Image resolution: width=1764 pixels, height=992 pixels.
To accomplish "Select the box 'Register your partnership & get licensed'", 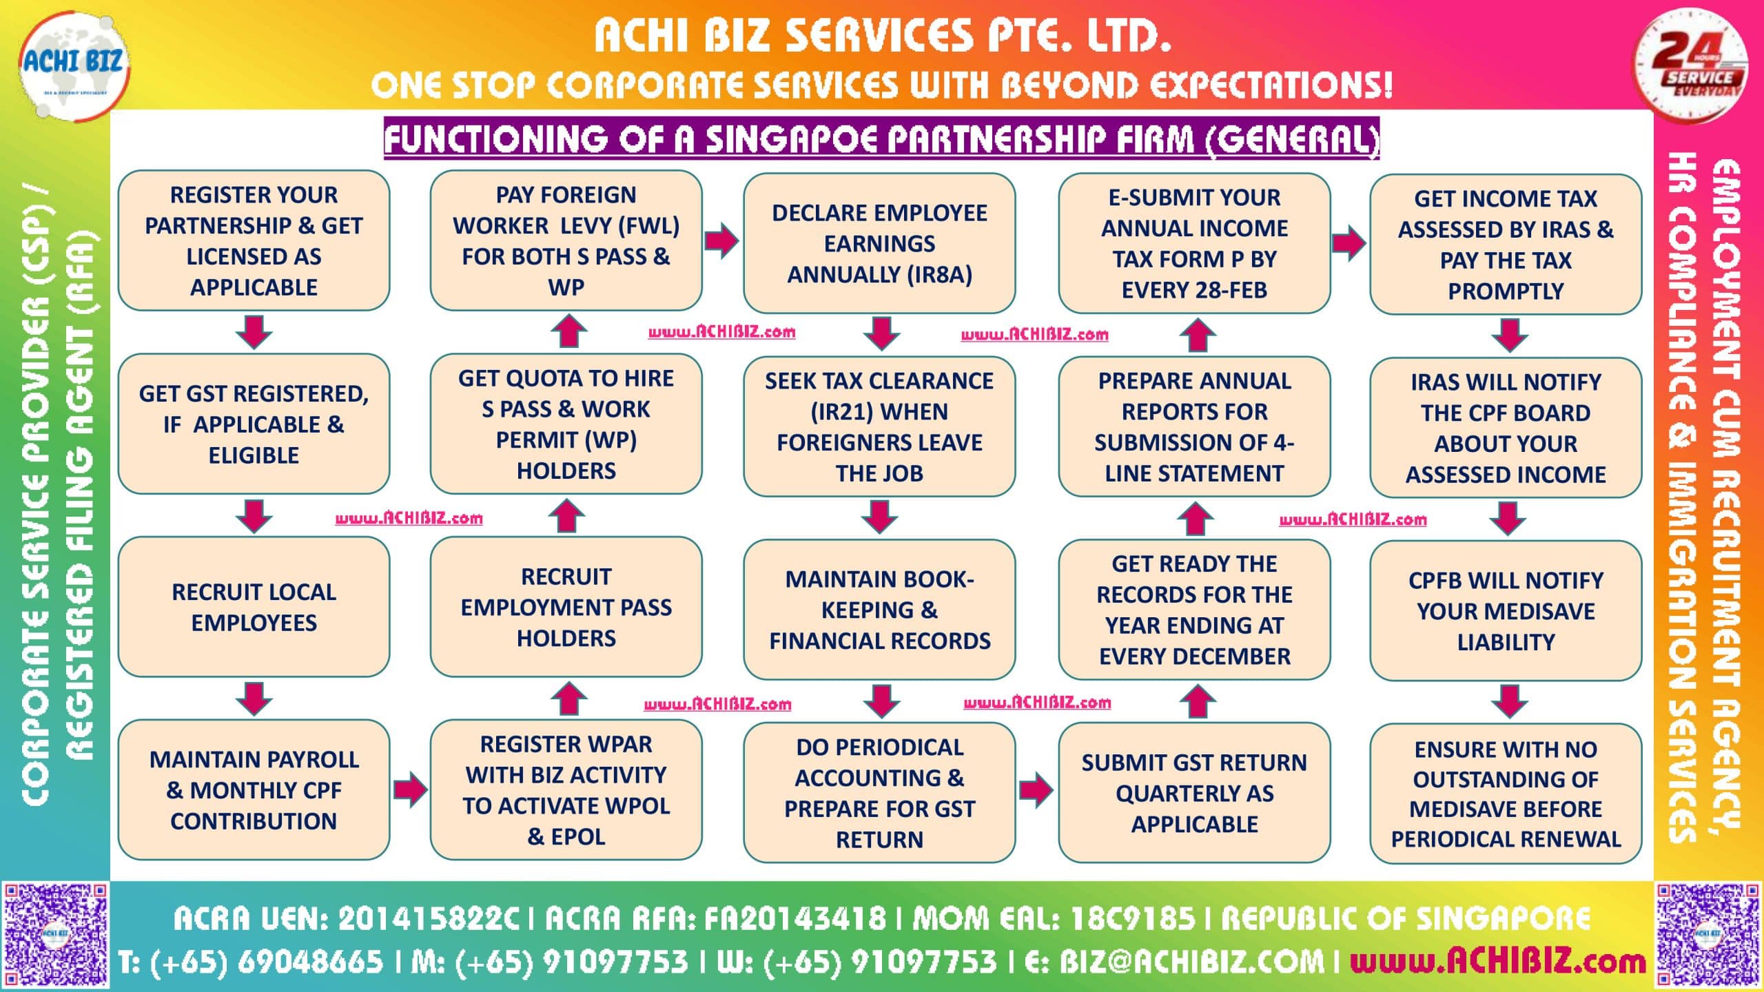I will point(254,241).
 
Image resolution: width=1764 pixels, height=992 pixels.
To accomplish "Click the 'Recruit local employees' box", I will point(254,607).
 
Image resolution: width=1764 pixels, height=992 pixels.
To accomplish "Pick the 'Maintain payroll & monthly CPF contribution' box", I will point(254,790).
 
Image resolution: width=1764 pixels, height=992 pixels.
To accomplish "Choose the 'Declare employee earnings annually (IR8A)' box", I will point(879,243).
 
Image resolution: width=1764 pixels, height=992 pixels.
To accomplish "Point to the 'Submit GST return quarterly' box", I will point(1194,793).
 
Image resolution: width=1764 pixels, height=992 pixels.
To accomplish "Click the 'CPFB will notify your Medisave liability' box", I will point(1506,611).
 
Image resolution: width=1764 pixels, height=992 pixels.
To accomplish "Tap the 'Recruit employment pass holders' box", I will point(566,607).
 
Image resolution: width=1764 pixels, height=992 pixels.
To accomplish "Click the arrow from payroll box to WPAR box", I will point(410,789).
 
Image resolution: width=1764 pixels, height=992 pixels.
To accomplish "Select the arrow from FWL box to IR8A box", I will point(721,240).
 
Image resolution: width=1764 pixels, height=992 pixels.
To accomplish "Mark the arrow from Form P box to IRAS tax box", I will point(1348,242).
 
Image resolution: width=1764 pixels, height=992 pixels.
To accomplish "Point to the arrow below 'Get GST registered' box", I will point(254,516).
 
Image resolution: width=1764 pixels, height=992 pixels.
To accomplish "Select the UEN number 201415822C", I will point(427,918).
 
